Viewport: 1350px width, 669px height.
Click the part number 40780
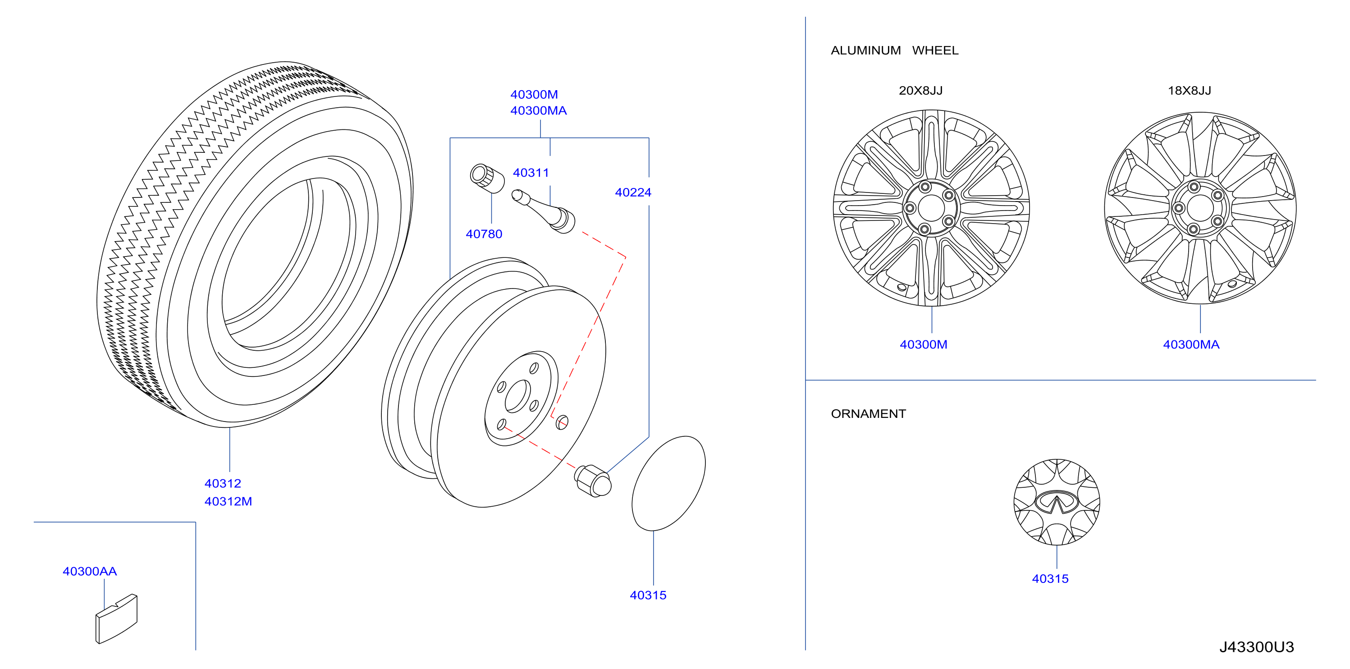click(484, 234)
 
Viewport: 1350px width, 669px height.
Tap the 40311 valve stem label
click(531, 173)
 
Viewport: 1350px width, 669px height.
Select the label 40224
click(633, 192)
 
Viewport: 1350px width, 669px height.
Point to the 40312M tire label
click(228, 501)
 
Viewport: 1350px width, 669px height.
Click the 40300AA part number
click(90, 571)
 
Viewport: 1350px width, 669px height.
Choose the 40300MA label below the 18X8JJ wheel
click(1191, 344)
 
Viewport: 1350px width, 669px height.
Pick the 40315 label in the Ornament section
click(1050, 578)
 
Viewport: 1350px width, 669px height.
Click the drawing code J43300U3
click(1257, 647)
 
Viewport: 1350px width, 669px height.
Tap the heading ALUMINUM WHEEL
click(895, 50)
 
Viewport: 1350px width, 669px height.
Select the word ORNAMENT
click(869, 414)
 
